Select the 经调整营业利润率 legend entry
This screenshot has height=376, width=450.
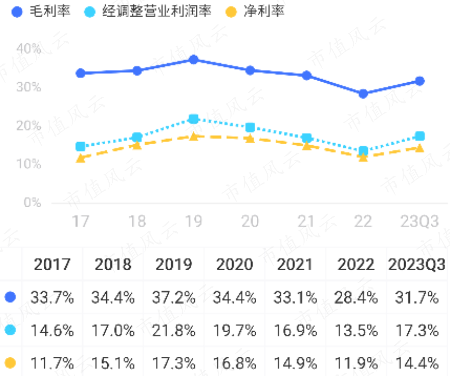point(148,11)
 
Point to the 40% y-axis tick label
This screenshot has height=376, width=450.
point(29,49)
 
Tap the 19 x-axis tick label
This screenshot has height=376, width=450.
point(193,221)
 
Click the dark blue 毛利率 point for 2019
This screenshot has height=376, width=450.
point(193,60)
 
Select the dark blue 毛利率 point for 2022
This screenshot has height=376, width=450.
point(363,94)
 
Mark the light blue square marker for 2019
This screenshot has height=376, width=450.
point(193,119)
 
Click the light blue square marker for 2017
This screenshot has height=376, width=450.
point(81,147)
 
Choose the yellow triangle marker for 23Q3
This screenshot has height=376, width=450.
point(419,148)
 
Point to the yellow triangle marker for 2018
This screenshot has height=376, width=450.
point(137,145)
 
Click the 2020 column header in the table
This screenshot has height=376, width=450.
point(234,264)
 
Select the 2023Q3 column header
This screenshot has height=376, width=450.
point(417,264)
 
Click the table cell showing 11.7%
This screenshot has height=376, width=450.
point(52,362)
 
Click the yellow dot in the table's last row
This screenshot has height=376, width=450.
point(10,362)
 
